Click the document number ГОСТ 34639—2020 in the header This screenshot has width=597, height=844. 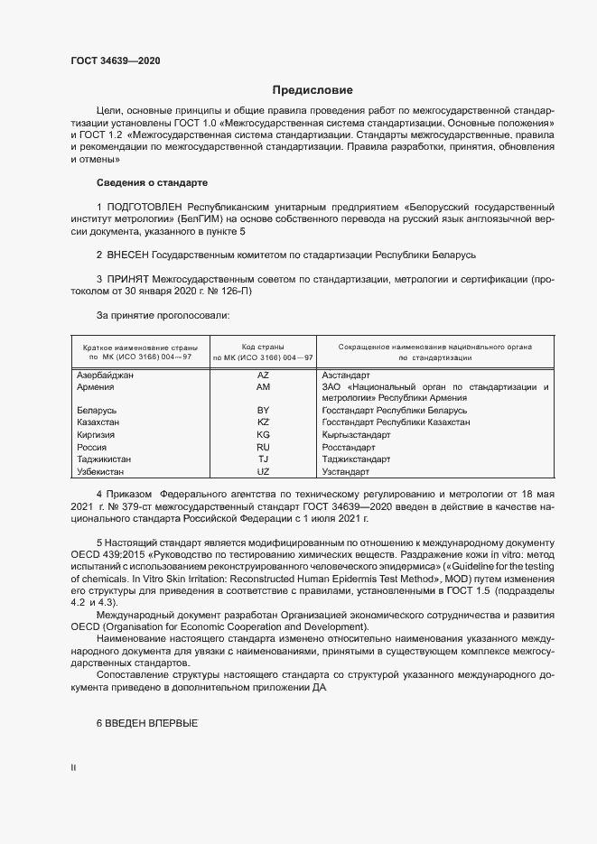click(x=115, y=62)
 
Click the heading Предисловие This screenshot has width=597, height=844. click(x=312, y=90)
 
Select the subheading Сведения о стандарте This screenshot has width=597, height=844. click(x=152, y=182)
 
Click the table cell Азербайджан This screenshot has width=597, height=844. click(x=106, y=375)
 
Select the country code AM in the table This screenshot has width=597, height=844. click(x=264, y=386)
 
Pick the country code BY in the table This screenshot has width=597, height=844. click(x=264, y=410)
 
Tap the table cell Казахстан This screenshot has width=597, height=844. click(x=99, y=422)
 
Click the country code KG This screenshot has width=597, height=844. click(x=264, y=434)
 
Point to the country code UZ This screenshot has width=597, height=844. click(x=264, y=471)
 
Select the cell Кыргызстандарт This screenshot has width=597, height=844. click(x=356, y=434)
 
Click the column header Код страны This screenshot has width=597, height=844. click(x=263, y=347)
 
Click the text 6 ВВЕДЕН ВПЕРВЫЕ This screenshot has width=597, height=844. click(x=146, y=725)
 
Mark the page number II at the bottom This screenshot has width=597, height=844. click(x=73, y=768)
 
